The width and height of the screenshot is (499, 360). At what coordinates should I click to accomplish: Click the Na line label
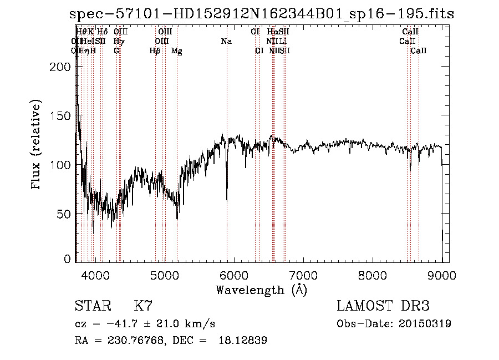226,42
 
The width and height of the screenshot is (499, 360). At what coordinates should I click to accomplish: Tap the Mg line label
177,51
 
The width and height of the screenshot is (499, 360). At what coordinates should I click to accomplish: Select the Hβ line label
155,51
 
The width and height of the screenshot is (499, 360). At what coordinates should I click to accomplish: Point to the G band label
116,51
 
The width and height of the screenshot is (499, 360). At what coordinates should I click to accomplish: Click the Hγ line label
119,42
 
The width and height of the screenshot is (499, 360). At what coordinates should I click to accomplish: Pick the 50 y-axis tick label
64,214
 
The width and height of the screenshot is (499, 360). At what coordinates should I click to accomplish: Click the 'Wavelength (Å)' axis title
261,290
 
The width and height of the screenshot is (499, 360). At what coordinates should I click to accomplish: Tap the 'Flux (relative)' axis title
37,145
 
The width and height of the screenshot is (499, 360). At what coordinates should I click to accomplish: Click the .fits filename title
262,14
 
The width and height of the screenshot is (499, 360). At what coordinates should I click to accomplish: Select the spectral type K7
143,306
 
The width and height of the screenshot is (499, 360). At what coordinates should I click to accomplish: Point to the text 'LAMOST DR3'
383,306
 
